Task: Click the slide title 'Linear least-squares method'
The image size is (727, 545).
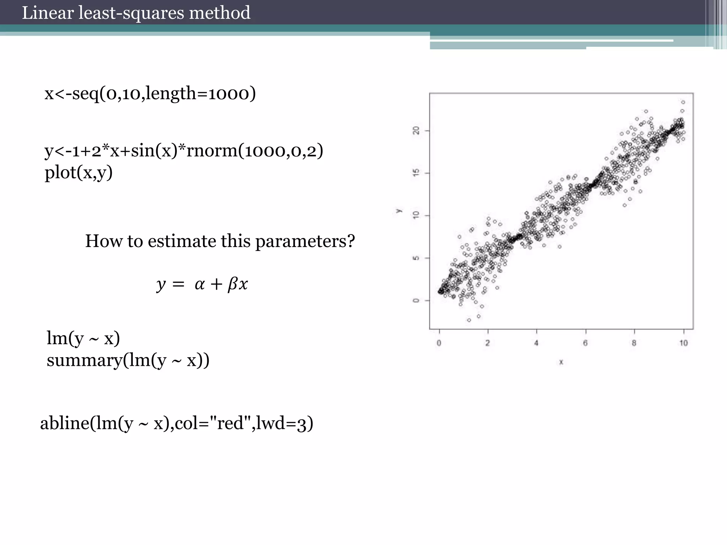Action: (136, 13)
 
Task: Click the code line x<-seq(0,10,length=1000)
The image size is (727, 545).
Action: (150, 94)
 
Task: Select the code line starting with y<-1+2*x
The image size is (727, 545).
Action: (184, 151)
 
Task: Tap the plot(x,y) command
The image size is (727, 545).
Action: (78, 173)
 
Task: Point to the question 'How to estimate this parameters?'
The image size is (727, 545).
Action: (220, 241)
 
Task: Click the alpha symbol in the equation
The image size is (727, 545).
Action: (199, 284)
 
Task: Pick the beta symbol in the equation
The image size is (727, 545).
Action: (233, 284)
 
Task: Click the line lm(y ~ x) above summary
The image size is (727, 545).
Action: (83, 338)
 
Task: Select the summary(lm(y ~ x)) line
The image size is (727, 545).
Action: (128, 360)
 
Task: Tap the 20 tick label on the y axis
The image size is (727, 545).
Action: (416, 131)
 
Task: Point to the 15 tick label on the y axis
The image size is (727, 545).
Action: (416, 173)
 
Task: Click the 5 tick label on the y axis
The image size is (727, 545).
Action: (416, 258)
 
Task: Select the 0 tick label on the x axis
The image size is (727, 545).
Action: (439, 343)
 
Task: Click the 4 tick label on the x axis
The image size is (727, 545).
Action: (536, 343)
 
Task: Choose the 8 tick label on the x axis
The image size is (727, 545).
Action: (634, 343)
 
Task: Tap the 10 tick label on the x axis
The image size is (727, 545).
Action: (683, 343)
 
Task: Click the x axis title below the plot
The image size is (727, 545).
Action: (561, 362)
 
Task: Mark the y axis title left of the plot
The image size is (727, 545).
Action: (399, 211)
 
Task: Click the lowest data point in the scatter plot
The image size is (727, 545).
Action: (469, 320)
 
